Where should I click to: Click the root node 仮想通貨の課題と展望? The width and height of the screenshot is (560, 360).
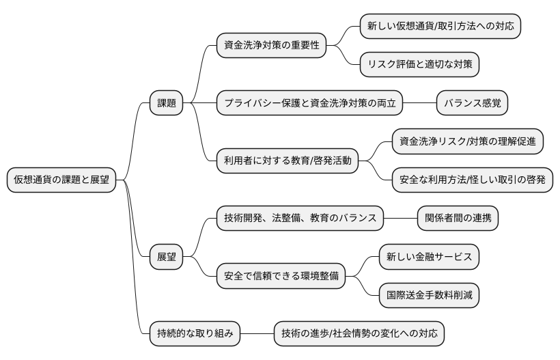pyautogui.click(x=61, y=180)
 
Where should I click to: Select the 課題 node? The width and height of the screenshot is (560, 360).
pyautogui.click(x=167, y=103)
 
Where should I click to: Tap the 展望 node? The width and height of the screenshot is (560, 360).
pyautogui.click(x=167, y=257)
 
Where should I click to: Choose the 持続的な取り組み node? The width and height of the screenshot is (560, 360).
pyautogui.click(x=195, y=334)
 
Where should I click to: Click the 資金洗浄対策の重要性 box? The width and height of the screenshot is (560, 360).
pyautogui.click(x=270, y=46)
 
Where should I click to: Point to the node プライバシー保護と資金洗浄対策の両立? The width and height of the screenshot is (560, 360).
pyautogui.click(x=309, y=103)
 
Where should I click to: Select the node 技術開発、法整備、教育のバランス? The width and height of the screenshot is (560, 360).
pyautogui.click(x=300, y=219)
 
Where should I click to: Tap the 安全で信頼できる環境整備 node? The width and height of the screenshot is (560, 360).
pyautogui.click(x=280, y=276)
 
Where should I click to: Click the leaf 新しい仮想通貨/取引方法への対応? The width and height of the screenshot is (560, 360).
pyautogui.click(x=440, y=27)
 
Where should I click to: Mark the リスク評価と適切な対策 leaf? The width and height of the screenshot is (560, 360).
pyautogui.click(x=420, y=65)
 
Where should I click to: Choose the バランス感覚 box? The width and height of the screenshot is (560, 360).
pyautogui.click(x=473, y=103)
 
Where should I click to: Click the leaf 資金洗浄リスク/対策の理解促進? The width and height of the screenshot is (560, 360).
pyautogui.click(x=468, y=141)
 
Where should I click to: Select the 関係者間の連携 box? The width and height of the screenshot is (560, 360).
pyautogui.click(x=458, y=219)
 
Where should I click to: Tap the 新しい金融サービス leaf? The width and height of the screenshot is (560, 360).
pyautogui.click(x=429, y=257)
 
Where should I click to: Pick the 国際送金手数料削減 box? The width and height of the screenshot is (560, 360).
pyautogui.click(x=429, y=295)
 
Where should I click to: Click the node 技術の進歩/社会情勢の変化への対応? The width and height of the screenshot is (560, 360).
pyautogui.click(x=359, y=334)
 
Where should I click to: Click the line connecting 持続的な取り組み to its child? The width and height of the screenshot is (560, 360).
pyautogui.click(x=257, y=334)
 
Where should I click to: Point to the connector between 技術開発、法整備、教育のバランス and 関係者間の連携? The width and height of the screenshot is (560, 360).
pyautogui.click(x=401, y=219)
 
